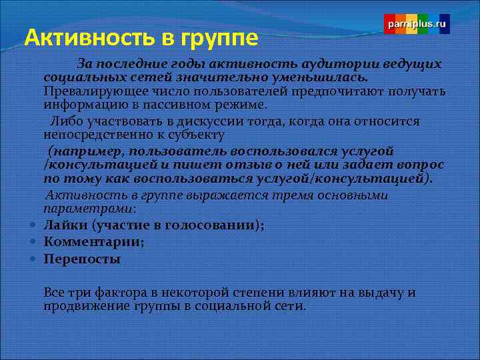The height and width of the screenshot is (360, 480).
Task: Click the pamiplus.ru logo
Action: pos(417,23)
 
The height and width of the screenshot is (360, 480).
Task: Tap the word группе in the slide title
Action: pos(215,39)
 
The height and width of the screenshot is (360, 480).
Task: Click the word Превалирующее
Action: pos(84,91)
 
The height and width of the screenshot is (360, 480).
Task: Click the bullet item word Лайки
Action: pos(65,225)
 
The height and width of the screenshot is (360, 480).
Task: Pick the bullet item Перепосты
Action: pos(81,259)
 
